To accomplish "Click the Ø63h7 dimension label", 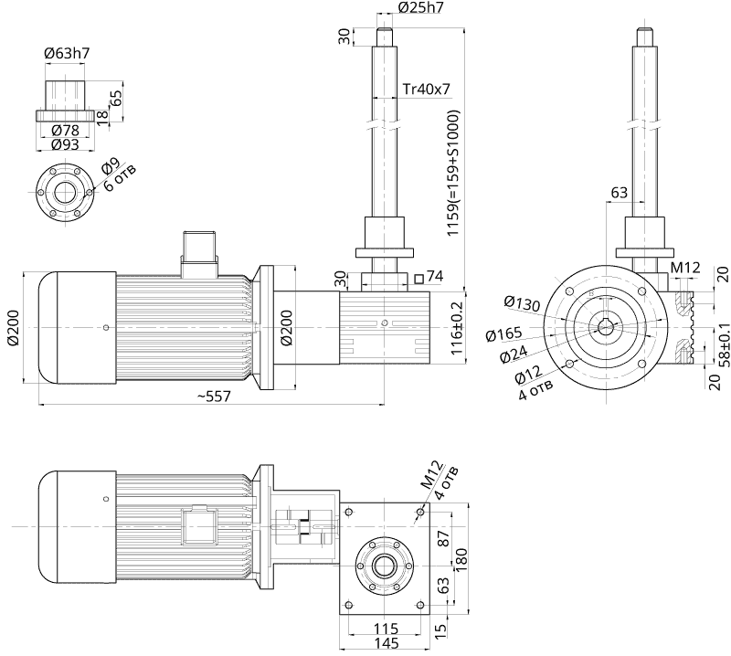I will [x=67, y=54].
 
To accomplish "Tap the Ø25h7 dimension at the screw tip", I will [x=421, y=8].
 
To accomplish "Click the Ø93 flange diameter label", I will [x=64, y=144].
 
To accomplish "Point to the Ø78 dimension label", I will [x=64, y=131].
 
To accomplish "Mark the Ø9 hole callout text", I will [x=109, y=166].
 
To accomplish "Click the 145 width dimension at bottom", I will [x=385, y=644].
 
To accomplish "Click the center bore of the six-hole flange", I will [x=64, y=193].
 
